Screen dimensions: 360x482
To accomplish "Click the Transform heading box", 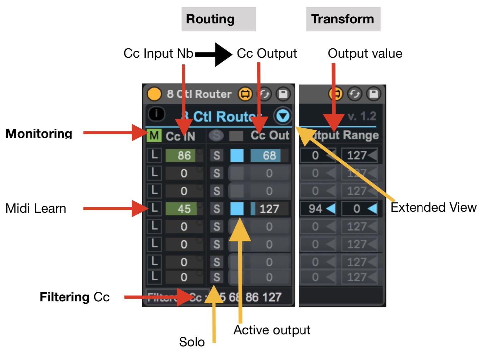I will point(343,19).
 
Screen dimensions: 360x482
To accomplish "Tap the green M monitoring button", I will point(154,136).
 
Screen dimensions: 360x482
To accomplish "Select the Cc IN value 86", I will point(184,155).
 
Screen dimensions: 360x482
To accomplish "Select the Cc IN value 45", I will point(184,209).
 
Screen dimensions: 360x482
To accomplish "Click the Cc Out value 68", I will point(269,155).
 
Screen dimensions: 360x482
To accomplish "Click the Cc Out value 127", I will point(269,209).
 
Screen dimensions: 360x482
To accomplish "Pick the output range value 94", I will point(316,209).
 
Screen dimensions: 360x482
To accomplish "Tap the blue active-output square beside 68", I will point(237,155).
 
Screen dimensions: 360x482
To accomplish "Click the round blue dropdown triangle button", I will point(283,116).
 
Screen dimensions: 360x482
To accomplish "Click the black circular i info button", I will point(156,114).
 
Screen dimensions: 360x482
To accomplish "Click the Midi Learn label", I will point(36,208).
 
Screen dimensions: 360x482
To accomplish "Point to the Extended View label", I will point(433,207).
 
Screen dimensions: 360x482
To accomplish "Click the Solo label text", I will point(191,342).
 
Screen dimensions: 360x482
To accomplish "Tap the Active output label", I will point(272,330).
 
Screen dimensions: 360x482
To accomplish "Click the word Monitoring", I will point(39,133).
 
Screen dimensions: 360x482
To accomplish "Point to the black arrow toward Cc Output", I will point(214,54).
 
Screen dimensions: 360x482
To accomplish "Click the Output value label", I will point(365,53).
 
